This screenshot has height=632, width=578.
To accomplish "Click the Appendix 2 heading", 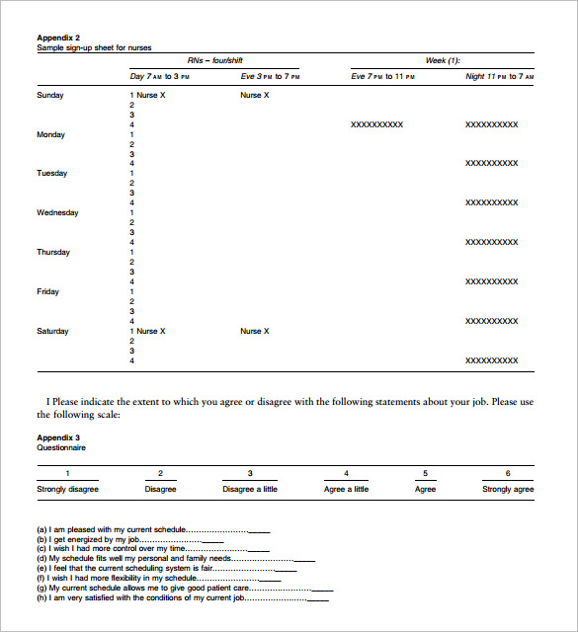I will (x=58, y=38).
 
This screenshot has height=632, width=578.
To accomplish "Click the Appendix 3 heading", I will (x=58, y=437).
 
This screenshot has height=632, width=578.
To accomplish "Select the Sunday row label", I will (x=50, y=96).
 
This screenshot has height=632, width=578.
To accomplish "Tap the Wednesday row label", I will (x=57, y=213).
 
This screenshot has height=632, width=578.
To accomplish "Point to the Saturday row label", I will (x=53, y=332).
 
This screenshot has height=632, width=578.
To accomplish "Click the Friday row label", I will (x=48, y=292).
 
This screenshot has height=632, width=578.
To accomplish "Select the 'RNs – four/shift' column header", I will (x=215, y=60).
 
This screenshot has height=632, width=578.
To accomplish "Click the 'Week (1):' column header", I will (x=443, y=60).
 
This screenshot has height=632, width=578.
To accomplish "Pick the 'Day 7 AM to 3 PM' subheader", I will (x=173, y=77).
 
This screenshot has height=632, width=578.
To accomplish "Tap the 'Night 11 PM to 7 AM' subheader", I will (x=499, y=77).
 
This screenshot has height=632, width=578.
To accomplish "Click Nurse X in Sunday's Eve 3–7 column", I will (x=254, y=96).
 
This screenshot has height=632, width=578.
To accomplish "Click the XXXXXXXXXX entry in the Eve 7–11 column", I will (x=376, y=125).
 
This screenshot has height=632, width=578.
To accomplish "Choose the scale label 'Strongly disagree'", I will (x=67, y=490).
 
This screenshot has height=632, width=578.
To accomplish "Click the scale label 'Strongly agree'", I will (x=507, y=490).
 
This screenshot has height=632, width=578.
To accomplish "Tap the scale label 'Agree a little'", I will (x=346, y=490).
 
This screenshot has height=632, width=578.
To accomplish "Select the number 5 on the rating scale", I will (x=426, y=474).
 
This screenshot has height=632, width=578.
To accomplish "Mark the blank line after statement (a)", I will (x=259, y=531).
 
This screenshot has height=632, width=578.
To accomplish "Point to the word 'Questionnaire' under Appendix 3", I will (x=61, y=448).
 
